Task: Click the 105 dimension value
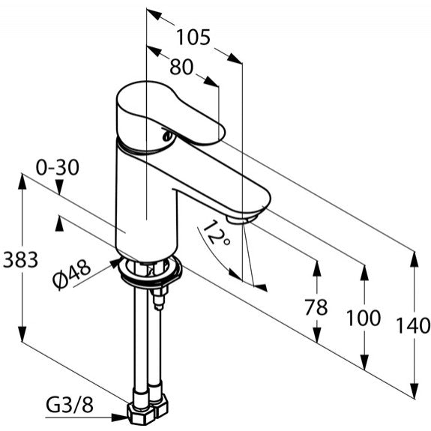pos(193,37)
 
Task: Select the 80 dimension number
pos(181,67)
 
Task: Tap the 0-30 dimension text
pos(58,167)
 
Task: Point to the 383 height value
pos(20,259)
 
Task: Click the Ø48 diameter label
pos(72,274)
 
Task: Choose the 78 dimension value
pos(316,307)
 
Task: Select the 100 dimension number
pos(364,318)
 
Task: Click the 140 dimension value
pos(413,325)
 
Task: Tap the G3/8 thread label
pos(70,405)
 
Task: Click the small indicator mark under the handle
pos(167,136)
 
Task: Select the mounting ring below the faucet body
pos(151,271)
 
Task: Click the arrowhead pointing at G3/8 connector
pos(120,418)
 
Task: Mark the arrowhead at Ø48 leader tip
pos(115,262)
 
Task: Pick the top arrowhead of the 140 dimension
pos(414,259)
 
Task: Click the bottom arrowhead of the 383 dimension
pos(22,334)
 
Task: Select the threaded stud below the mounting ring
pos(159,299)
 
